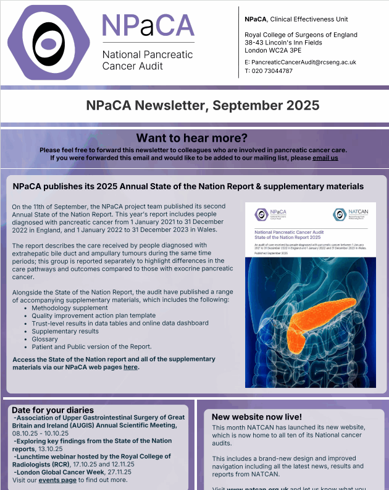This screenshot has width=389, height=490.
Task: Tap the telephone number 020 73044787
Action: [x=272, y=71]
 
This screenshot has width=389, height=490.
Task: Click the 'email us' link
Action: [x=325, y=158]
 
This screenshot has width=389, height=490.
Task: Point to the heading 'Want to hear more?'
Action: [x=191, y=137]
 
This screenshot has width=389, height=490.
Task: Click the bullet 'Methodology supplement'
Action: [x=69, y=307]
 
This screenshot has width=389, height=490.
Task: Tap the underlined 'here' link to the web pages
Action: [x=130, y=367]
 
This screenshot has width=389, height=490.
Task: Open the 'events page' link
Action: [x=58, y=479]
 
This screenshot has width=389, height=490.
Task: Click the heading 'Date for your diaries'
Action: [x=52, y=410]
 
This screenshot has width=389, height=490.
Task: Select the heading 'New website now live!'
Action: [x=257, y=417]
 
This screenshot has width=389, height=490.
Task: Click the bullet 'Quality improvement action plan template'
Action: [x=93, y=315]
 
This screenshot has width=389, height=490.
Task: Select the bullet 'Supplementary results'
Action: [x=65, y=331]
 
